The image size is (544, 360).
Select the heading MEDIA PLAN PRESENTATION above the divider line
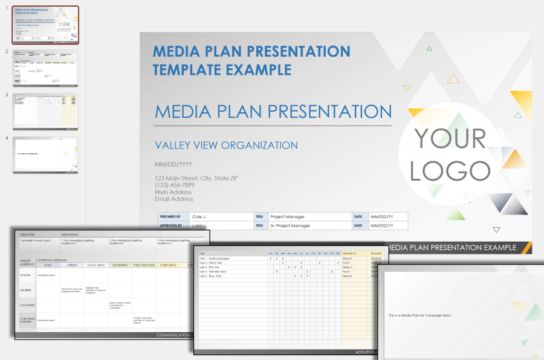coord(273,112)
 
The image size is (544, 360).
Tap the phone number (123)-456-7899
coord(180,185)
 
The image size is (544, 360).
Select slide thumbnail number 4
coord(45,155)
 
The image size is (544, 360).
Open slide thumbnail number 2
coord(45,68)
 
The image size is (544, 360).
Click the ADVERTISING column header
coord(120,265)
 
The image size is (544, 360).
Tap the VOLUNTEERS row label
coord(27,305)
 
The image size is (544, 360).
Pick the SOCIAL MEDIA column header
coord(96,265)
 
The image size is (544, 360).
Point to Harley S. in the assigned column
coord(348,267)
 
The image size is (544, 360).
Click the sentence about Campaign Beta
coord(419,315)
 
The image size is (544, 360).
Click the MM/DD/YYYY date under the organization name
coord(173,164)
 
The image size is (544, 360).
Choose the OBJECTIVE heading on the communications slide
coord(28,234)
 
